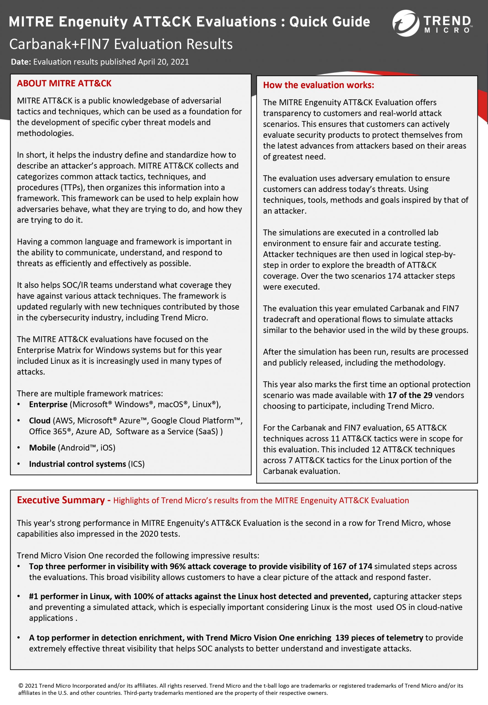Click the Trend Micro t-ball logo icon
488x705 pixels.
click(x=405, y=23)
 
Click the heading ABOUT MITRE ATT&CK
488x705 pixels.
click(x=64, y=83)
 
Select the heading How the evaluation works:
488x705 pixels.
click(x=318, y=85)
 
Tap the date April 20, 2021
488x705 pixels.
click(x=163, y=62)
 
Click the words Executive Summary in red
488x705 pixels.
click(x=61, y=500)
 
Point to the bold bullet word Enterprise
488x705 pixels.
click(x=48, y=405)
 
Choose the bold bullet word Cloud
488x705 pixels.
click(x=39, y=421)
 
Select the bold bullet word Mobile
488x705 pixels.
click(x=42, y=448)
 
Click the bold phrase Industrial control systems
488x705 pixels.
click(x=77, y=464)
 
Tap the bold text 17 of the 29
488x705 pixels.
click(x=410, y=395)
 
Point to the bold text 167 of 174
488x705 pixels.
click(x=352, y=566)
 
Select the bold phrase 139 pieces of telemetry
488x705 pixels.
click(x=379, y=638)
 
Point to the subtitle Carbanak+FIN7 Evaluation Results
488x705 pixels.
click(x=121, y=44)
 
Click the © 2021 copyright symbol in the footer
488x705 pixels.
click(x=21, y=686)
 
